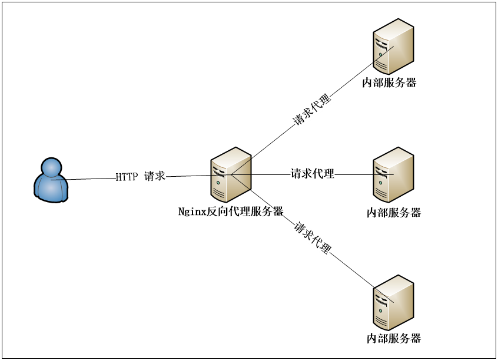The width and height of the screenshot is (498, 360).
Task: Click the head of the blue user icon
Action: click(51, 167)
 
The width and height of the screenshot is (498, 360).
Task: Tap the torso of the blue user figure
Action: click(51, 189)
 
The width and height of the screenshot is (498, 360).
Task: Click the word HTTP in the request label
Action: click(126, 177)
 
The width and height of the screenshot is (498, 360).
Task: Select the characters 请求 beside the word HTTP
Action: click(155, 176)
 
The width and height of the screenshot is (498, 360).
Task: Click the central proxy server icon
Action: click(231, 174)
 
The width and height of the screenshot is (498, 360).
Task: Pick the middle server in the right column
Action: click(393, 174)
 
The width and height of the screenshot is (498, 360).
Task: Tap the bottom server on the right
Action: click(393, 302)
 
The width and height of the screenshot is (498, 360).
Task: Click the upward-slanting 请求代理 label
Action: click(313, 110)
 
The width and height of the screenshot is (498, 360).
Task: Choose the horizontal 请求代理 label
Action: click(313, 174)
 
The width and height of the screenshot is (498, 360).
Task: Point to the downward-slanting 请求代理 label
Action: click(313, 237)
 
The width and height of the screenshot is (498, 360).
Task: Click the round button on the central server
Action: click(218, 183)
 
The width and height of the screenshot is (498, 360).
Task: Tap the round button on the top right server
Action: click(380, 54)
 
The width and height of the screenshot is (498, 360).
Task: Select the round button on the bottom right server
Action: click(380, 311)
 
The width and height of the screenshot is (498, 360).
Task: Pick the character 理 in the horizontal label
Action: click(329, 174)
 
